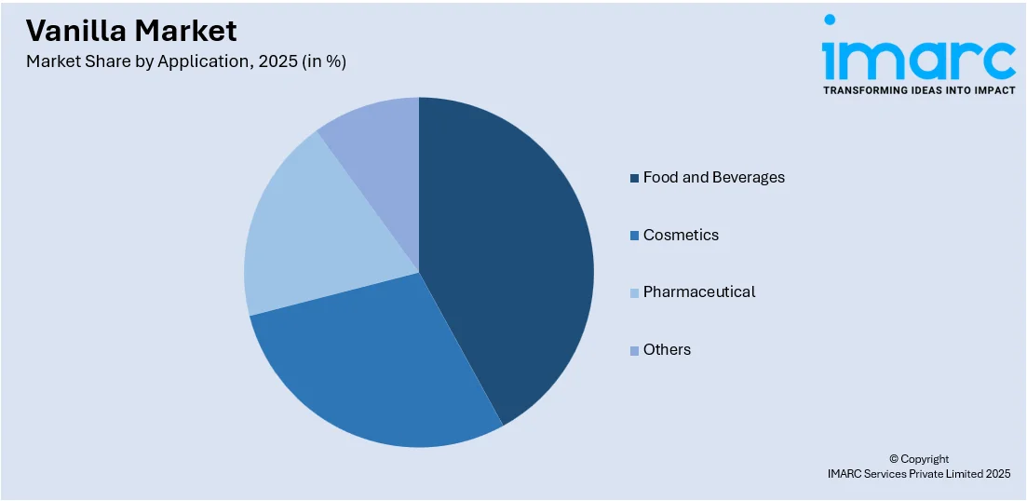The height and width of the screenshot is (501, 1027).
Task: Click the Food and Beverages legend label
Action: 713,177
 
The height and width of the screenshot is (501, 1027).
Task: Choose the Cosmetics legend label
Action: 681,235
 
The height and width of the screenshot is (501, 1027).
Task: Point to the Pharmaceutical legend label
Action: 698,291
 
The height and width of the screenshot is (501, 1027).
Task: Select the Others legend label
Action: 667,349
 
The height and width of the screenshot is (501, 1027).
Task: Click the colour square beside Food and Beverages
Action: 635,178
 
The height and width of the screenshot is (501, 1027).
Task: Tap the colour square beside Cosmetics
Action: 635,236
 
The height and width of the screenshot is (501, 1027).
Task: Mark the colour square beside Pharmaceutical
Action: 635,292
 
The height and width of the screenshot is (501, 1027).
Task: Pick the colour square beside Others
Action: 635,350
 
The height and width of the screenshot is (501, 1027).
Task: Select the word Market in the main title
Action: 186,31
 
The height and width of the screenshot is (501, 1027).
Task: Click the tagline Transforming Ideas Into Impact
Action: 919,90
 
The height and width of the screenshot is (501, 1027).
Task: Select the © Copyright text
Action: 918,459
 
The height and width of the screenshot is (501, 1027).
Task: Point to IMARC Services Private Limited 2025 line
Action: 918,474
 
